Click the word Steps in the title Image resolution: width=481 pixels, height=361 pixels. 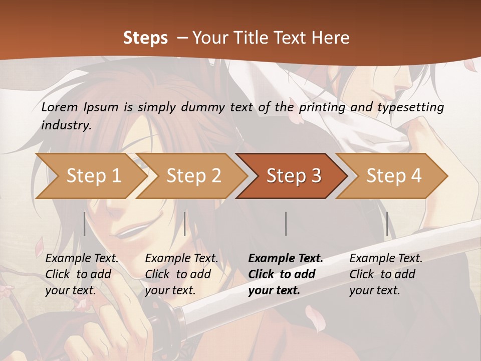(145, 38)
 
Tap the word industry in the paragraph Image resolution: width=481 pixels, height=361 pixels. (66, 125)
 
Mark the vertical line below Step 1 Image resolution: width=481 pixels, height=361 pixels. (85, 224)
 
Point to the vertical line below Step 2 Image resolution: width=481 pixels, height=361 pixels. (185, 224)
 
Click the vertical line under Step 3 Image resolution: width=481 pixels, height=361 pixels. (286, 224)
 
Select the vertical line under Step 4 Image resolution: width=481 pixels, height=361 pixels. (387, 224)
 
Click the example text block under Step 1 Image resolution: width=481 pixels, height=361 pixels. (82, 274)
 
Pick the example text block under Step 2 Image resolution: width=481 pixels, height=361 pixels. (181, 274)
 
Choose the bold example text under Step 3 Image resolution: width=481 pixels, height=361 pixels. (286, 274)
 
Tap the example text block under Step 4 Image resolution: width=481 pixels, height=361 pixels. (386, 274)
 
